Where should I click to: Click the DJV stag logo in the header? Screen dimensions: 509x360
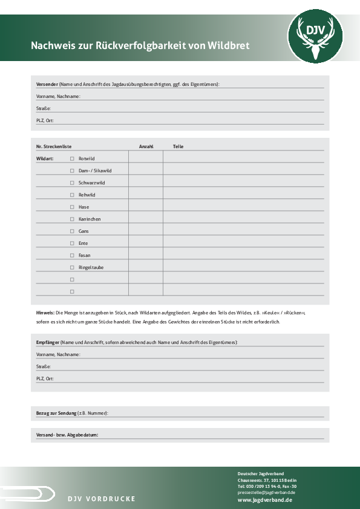point(315,37)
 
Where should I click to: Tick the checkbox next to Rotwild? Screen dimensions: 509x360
point(72,158)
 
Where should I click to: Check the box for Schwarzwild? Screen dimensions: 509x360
point(72,183)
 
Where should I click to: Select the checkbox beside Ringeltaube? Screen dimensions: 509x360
point(72,267)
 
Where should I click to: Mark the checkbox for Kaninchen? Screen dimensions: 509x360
point(72,219)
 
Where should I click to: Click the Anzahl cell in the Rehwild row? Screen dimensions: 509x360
point(145,195)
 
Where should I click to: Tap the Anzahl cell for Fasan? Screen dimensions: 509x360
point(145,255)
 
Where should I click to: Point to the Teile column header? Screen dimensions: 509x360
point(178,146)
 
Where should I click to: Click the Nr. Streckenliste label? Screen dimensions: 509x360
point(54,146)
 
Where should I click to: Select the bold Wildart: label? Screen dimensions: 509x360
point(45,158)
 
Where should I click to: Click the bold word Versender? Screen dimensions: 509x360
point(47,84)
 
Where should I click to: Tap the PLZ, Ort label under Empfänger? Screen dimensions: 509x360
point(45,378)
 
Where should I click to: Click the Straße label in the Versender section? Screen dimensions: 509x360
point(44,108)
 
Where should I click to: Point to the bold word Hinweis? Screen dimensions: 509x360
point(45,313)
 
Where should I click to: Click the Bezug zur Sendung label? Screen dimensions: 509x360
point(56,413)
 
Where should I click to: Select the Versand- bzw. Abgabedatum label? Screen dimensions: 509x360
point(67,435)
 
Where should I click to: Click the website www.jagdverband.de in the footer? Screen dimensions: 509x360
point(265,500)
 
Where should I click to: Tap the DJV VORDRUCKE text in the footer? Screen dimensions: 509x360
point(101,499)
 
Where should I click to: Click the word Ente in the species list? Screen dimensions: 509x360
point(83,243)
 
